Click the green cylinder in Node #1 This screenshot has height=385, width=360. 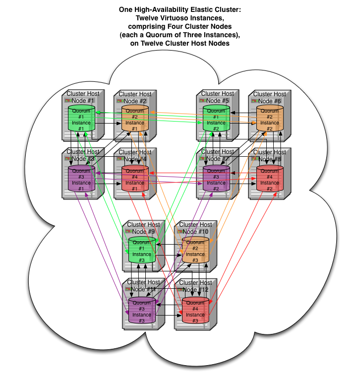[x=81, y=119]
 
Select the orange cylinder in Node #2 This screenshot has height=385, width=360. [x=135, y=120]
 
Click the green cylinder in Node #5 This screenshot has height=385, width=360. [x=216, y=120]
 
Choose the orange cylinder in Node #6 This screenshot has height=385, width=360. [x=270, y=120]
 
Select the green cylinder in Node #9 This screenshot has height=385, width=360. [x=142, y=251]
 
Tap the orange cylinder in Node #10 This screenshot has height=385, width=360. [x=195, y=251]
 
